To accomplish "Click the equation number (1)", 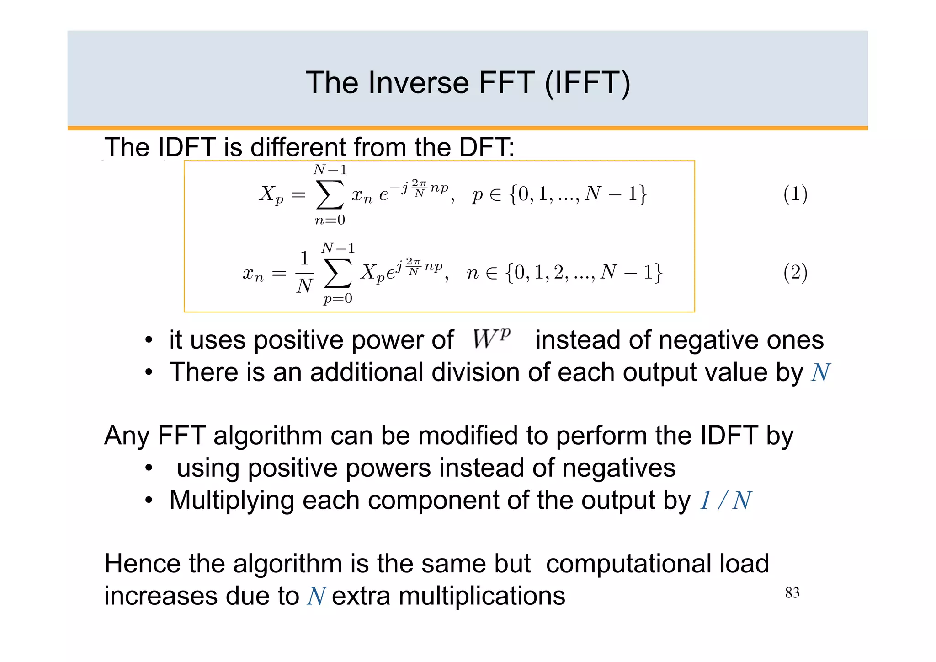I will click(x=795, y=194).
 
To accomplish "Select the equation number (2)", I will click(x=795, y=273).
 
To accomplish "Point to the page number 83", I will click(x=792, y=593).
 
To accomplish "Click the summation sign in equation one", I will click(x=330, y=195).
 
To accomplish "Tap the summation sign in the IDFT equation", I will click(x=338, y=274).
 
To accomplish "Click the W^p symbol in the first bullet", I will click(x=491, y=339).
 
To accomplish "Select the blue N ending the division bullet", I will click(x=820, y=372).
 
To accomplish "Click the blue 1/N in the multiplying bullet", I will click(x=725, y=501).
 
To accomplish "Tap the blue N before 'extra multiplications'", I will click(x=316, y=597).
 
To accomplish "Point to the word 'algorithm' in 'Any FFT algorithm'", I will click(x=268, y=436).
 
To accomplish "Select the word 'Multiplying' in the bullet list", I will click(x=231, y=501).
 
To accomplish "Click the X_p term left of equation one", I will click(x=271, y=195).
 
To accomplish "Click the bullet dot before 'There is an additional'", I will click(x=149, y=372).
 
